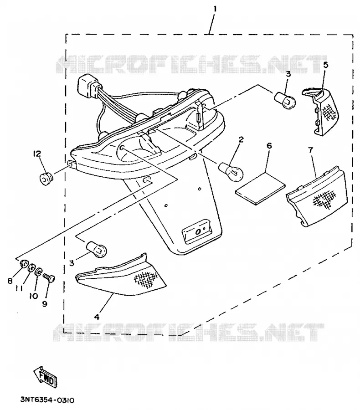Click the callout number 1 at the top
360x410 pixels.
215,9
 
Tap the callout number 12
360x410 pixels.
37,154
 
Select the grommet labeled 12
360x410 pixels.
46,178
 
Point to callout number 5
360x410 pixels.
326,65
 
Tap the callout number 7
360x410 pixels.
310,150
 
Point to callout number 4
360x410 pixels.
97,317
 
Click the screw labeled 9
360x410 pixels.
50,278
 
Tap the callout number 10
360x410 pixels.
33,296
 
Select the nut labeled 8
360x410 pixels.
24,264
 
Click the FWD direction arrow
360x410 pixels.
45,377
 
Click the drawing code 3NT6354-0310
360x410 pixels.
47,400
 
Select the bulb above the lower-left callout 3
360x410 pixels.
96,250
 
